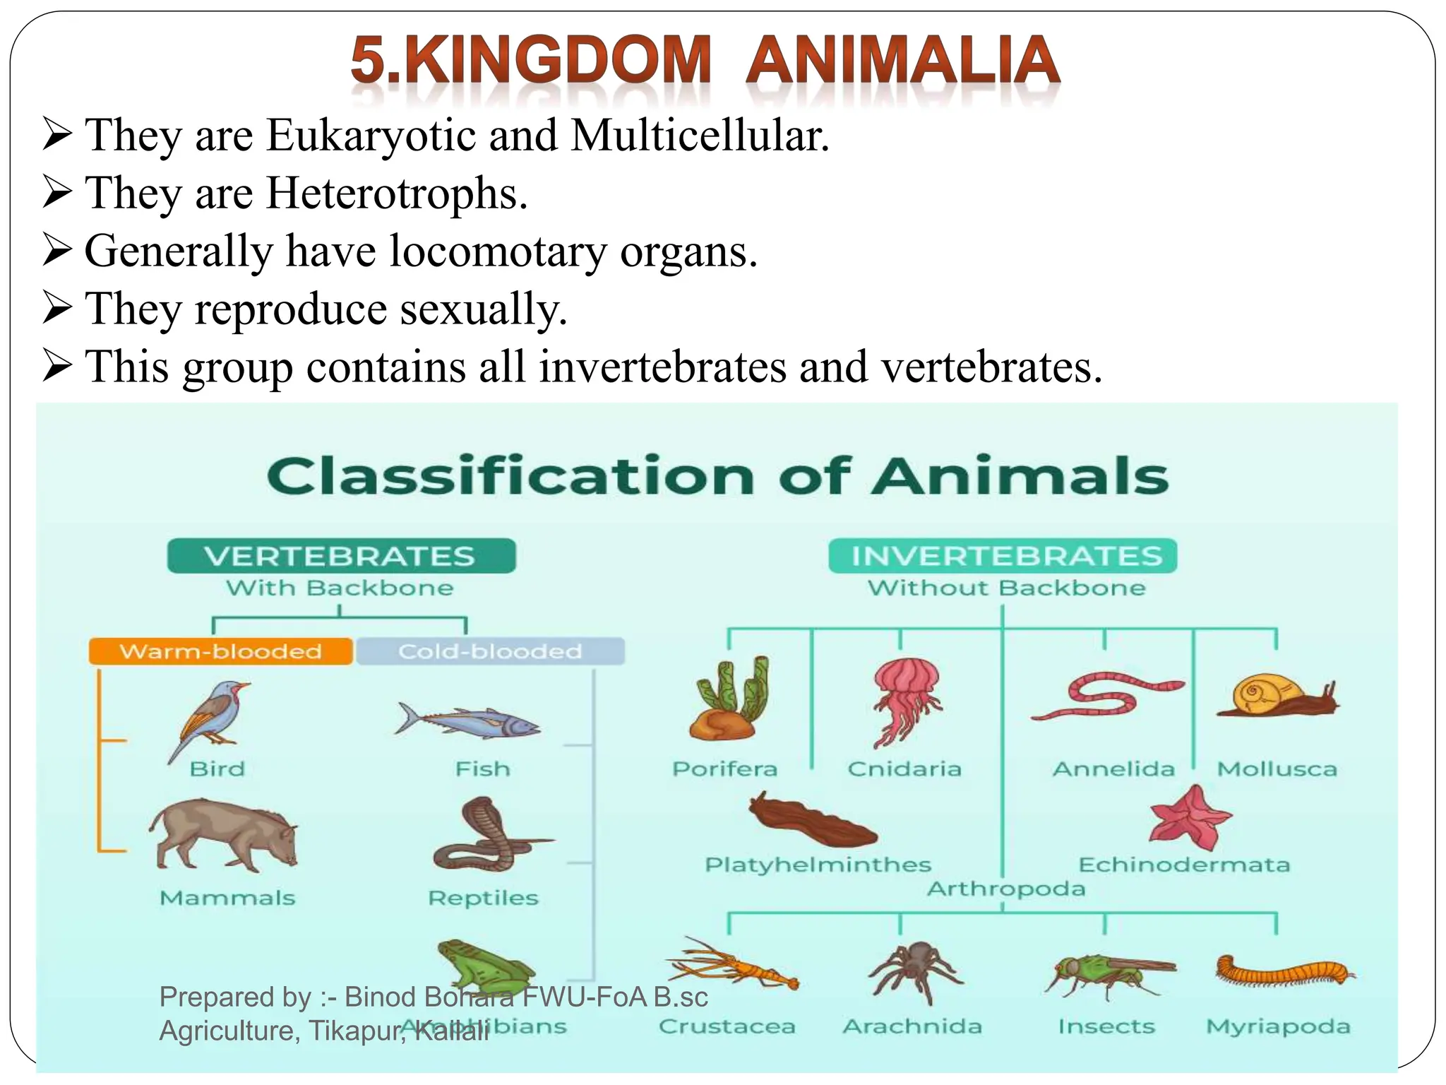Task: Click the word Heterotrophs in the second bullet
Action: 396,193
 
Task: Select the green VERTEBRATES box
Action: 341,556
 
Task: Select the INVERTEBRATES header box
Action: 1003,556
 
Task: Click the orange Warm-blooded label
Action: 220,651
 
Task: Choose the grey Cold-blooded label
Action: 490,651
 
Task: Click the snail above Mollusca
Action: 1275,696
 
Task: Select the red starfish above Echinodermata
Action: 1190,817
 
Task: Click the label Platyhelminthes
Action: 818,865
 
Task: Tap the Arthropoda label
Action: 1005,889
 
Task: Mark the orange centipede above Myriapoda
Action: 1284,971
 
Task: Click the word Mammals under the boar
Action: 227,898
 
